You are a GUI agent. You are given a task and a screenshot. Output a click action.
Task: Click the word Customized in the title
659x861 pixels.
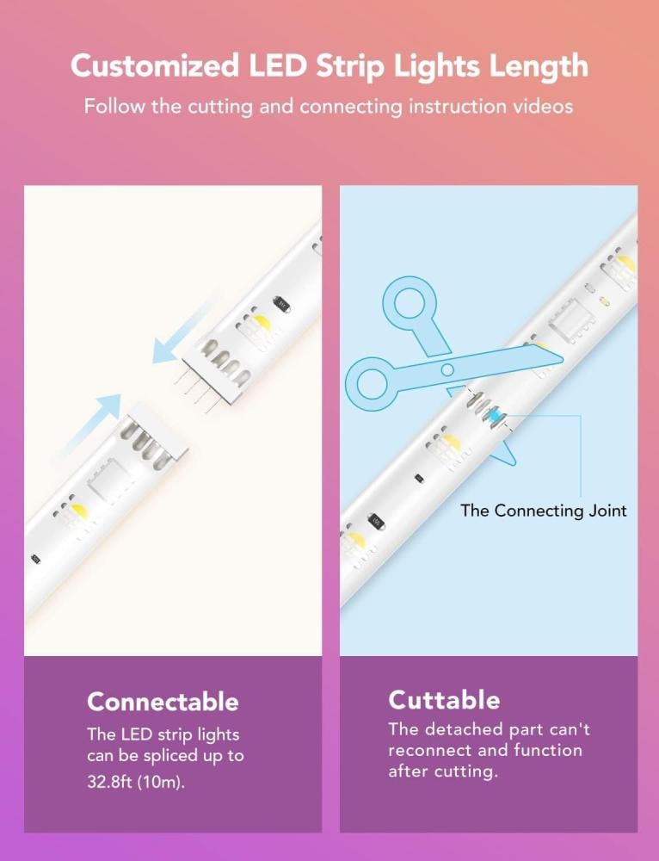click(x=155, y=66)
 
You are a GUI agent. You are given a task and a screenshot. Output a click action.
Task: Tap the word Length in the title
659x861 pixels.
click(x=539, y=66)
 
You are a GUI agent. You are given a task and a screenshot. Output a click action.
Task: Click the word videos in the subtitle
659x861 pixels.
click(x=543, y=106)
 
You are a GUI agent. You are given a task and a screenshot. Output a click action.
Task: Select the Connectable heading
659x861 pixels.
click(x=163, y=702)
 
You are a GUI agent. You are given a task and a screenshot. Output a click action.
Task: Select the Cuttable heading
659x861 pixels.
click(x=445, y=700)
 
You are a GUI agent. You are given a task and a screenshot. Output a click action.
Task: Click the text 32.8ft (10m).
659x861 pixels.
click(x=136, y=782)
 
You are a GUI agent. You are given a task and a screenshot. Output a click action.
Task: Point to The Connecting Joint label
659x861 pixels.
click(x=544, y=510)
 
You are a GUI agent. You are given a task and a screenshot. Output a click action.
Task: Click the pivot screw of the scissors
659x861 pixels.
click(x=447, y=369)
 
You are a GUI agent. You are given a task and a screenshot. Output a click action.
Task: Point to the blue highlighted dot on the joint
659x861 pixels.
click(x=496, y=417)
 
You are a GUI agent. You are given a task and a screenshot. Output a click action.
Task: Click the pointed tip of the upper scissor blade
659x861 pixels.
click(x=563, y=361)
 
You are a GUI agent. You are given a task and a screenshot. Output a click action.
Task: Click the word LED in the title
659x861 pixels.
click(x=278, y=65)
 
